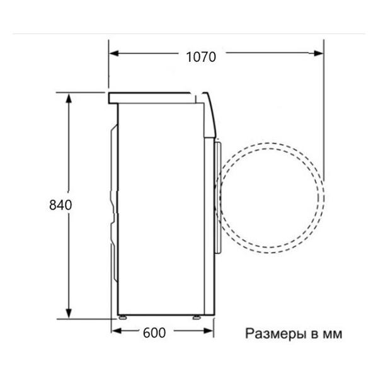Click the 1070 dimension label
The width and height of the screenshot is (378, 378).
[x=201, y=56]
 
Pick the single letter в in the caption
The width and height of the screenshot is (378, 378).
[x=311, y=333]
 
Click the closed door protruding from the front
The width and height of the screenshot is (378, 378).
[x=218, y=195]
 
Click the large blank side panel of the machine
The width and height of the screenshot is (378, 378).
[x=161, y=208]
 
